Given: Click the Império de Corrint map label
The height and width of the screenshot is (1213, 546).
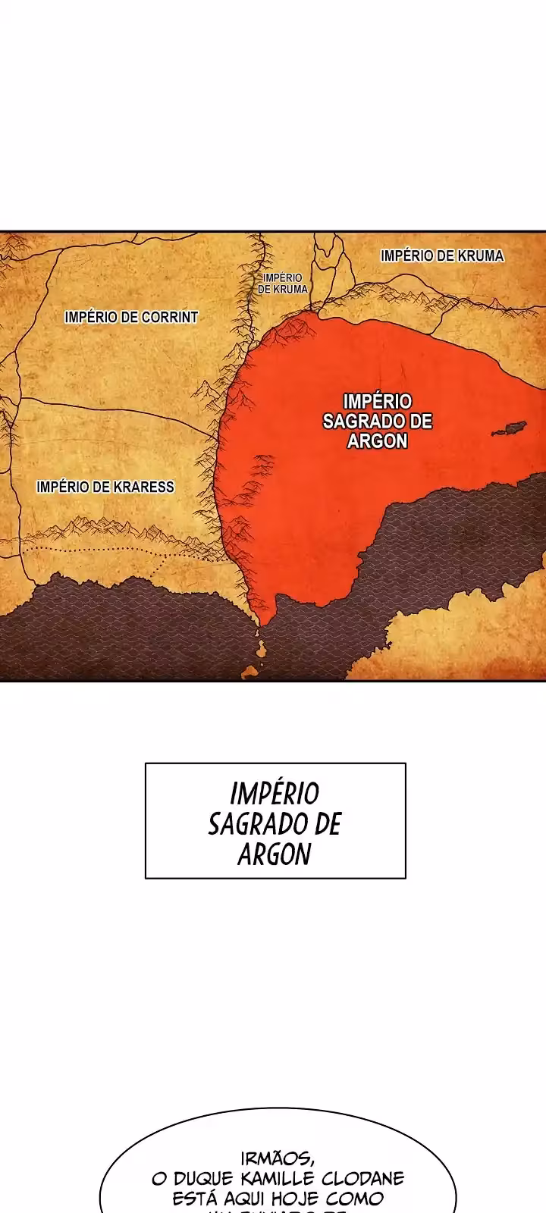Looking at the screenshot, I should (x=131, y=317).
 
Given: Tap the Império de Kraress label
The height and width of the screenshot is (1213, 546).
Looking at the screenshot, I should (x=105, y=487).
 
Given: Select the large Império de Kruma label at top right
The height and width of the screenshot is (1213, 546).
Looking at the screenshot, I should (x=442, y=255).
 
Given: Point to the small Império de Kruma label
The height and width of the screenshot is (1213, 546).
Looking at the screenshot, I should (x=283, y=284).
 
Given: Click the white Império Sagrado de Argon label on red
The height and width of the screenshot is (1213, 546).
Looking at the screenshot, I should (x=377, y=421).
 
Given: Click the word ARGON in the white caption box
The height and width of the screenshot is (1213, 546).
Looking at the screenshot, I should (x=275, y=854).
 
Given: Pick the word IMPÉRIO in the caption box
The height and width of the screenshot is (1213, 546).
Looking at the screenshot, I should (x=275, y=794).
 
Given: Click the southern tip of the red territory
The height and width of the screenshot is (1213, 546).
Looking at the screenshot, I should (x=261, y=624).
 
